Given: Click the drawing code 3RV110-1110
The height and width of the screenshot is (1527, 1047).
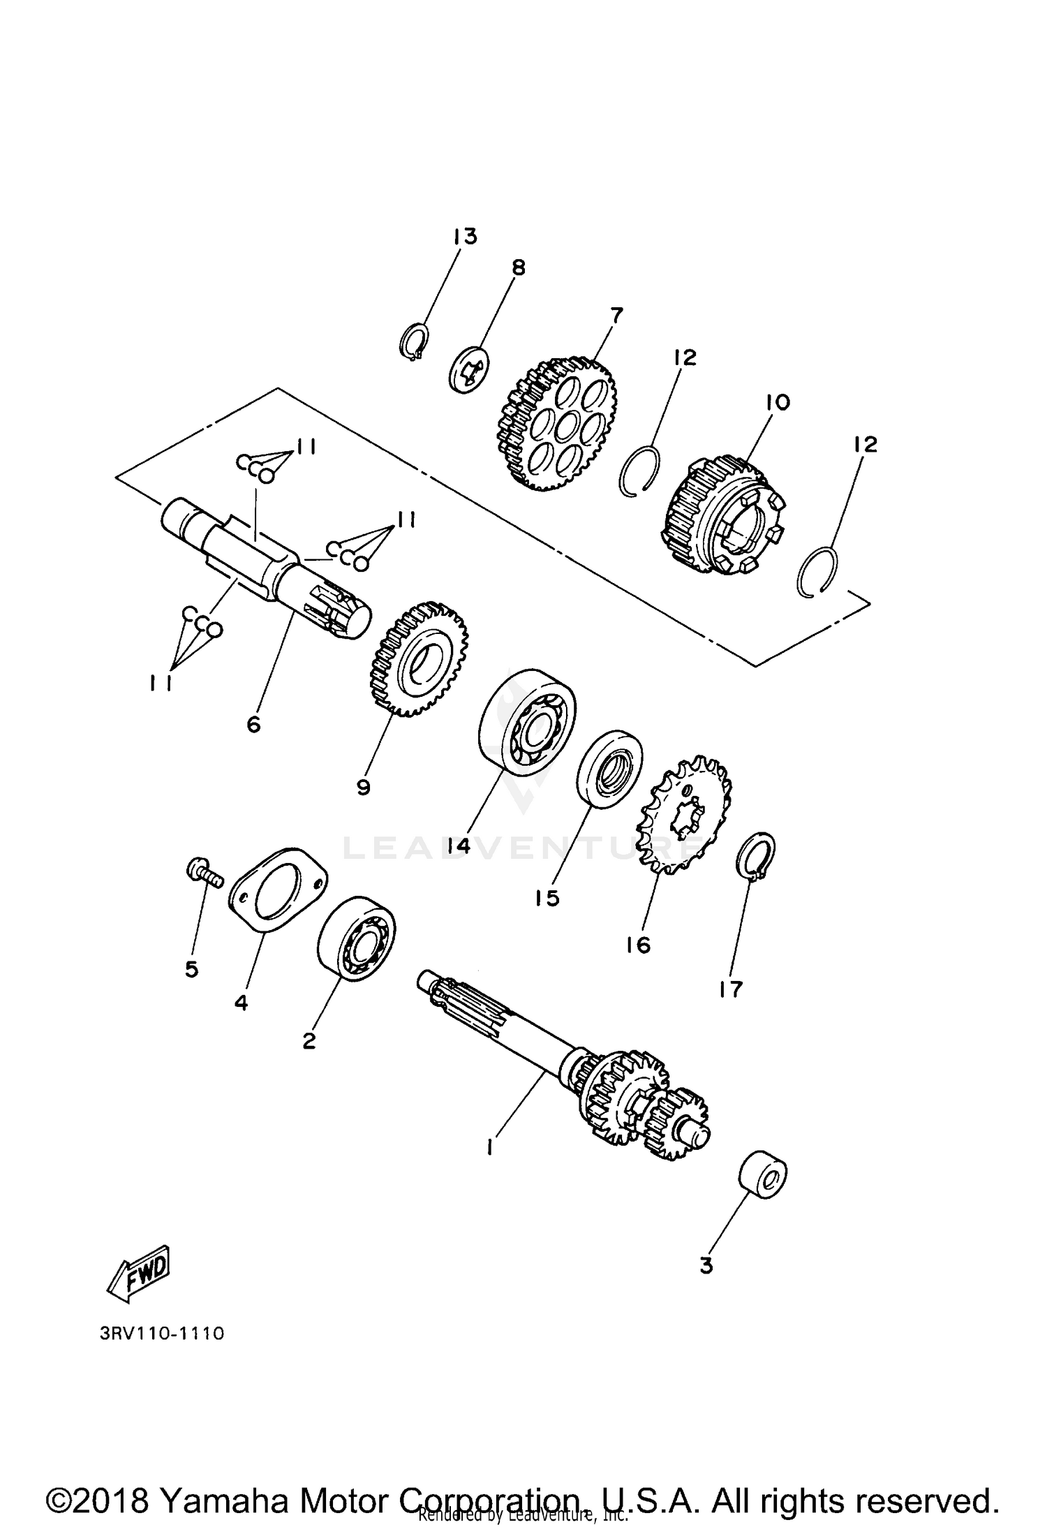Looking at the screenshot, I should pos(162,1334).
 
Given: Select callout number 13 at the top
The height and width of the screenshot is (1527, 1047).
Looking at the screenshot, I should pos(464,237).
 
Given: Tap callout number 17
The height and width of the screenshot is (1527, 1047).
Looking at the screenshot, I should pos(731,989).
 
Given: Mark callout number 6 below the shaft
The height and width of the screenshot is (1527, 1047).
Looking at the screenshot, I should pos(253,725).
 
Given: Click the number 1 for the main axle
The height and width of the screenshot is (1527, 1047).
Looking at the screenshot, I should pos(491,1147).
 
